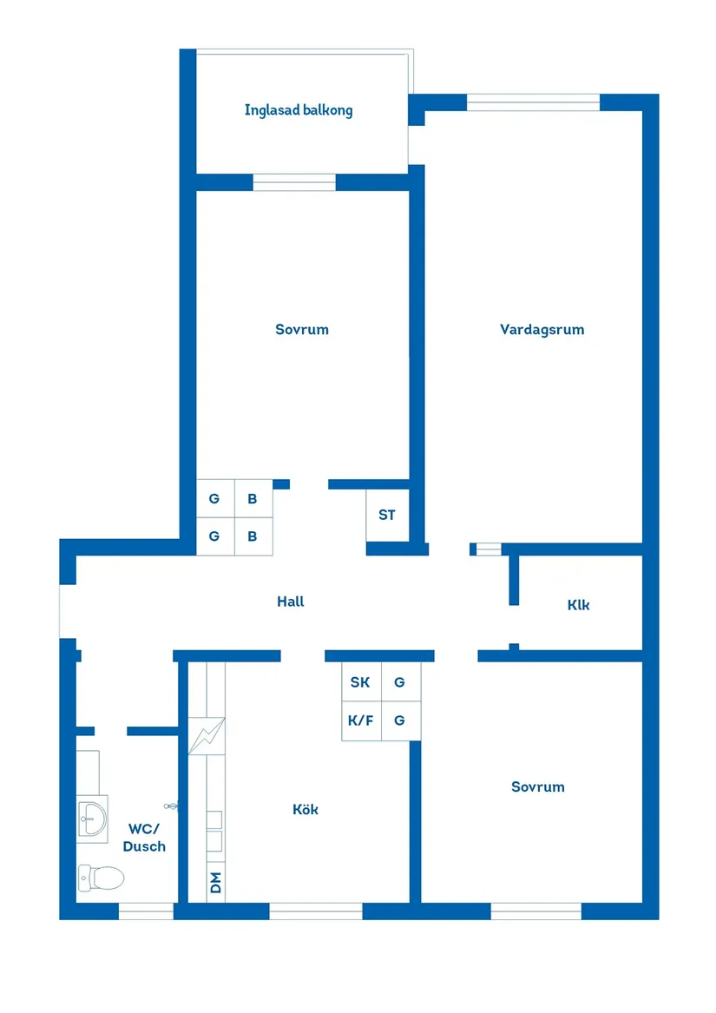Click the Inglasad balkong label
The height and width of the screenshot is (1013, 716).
[x=299, y=110]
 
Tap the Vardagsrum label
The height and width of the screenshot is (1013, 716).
[x=542, y=329]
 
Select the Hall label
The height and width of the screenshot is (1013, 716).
[x=291, y=601]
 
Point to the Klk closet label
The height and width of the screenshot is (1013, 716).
[x=578, y=605]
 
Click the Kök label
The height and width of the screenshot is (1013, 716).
[x=305, y=809]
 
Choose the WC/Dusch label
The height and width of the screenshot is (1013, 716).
[x=144, y=837]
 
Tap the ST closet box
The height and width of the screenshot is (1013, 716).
[x=387, y=515]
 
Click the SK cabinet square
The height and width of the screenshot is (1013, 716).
[x=360, y=682]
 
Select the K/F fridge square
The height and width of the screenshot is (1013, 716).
[x=360, y=720]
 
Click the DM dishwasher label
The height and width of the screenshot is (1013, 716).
[x=215, y=884]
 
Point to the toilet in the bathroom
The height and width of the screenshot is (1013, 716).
[x=100, y=878]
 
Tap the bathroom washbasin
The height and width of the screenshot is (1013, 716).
[x=92, y=816]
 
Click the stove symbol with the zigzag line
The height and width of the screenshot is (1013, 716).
[x=207, y=736]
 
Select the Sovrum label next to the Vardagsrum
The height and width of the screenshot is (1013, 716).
[x=302, y=329]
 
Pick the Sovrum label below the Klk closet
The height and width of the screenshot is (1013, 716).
[x=538, y=786]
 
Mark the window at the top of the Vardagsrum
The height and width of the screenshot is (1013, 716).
[x=533, y=102]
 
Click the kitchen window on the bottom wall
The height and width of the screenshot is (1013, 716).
[x=315, y=911]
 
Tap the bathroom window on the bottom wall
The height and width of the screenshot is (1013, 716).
[x=145, y=911]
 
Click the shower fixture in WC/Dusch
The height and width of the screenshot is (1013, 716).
[x=172, y=806]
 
